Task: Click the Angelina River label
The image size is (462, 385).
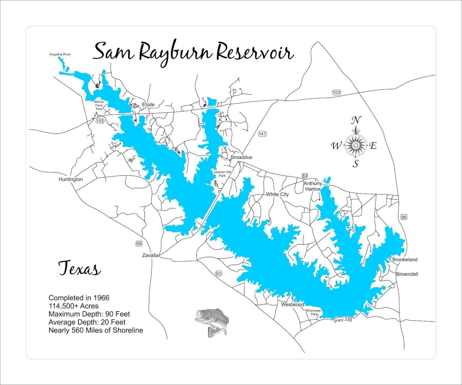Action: [x=60, y=54]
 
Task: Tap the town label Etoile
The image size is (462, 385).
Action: [x=148, y=104]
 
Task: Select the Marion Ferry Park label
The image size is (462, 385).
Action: [x=99, y=105]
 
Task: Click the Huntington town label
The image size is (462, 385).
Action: [x=71, y=179]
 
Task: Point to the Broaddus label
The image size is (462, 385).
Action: [x=241, y=157]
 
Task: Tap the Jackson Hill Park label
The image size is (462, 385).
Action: [x=222, y=174]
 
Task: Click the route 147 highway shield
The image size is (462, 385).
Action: [x=262, y=134]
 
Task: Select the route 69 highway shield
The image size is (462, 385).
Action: [x=139, y=243]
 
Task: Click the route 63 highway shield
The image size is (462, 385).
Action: [x=218, y=273]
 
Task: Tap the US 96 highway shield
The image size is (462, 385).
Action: [x=404, y=217]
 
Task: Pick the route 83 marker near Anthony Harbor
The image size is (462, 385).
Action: [x=305, y=176]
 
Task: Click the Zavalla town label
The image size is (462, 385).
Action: [x=150, y=255]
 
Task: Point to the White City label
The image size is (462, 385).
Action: [x=277, y=194]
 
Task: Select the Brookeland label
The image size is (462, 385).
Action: [x=405, y=259]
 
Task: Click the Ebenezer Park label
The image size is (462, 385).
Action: [x=314, y=312]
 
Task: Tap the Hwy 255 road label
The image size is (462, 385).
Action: [x=343, y=320]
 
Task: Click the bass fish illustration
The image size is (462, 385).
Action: [x=212, y=322]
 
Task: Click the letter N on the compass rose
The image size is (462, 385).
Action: [x=356, y=120]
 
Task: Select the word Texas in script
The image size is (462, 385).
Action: [x=79, y=268]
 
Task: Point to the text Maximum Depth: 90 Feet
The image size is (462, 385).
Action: [x=89, y=314]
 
